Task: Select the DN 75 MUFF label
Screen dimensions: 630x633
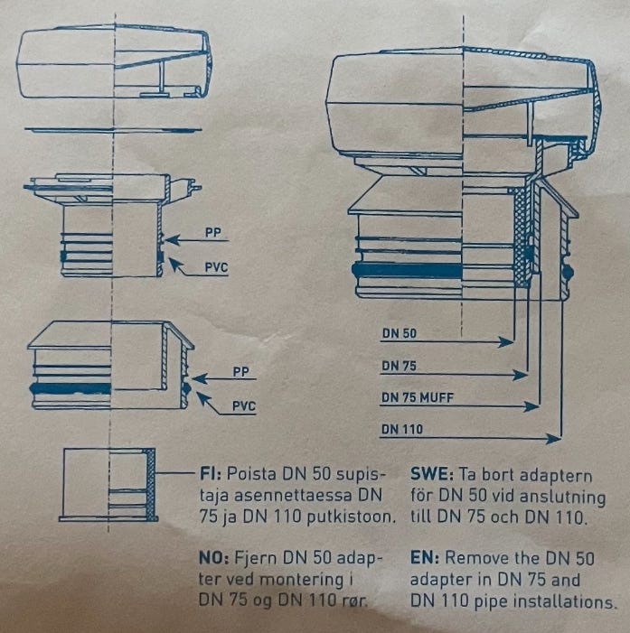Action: pos(418,397)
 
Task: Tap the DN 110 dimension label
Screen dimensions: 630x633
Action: pos(402,429)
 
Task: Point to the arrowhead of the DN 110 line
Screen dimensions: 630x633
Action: pos(553,439)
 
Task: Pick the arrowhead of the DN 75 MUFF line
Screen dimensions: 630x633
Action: pos(531,406)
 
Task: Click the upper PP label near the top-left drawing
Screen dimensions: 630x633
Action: pos(213,233)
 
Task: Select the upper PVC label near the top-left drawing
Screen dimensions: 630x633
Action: pos(216,267)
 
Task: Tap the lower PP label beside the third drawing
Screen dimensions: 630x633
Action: pos(240,371)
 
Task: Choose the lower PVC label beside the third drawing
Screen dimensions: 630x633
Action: pos(244,405)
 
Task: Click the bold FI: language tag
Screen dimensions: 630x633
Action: pos(210,473)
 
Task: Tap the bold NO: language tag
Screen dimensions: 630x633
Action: pos(214,558)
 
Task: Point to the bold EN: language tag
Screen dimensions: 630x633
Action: pos(425,558)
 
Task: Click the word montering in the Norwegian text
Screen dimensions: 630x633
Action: pos(302,580)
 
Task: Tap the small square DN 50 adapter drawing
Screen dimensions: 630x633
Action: pos(108,484)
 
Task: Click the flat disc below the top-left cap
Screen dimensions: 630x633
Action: pos(113,130)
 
